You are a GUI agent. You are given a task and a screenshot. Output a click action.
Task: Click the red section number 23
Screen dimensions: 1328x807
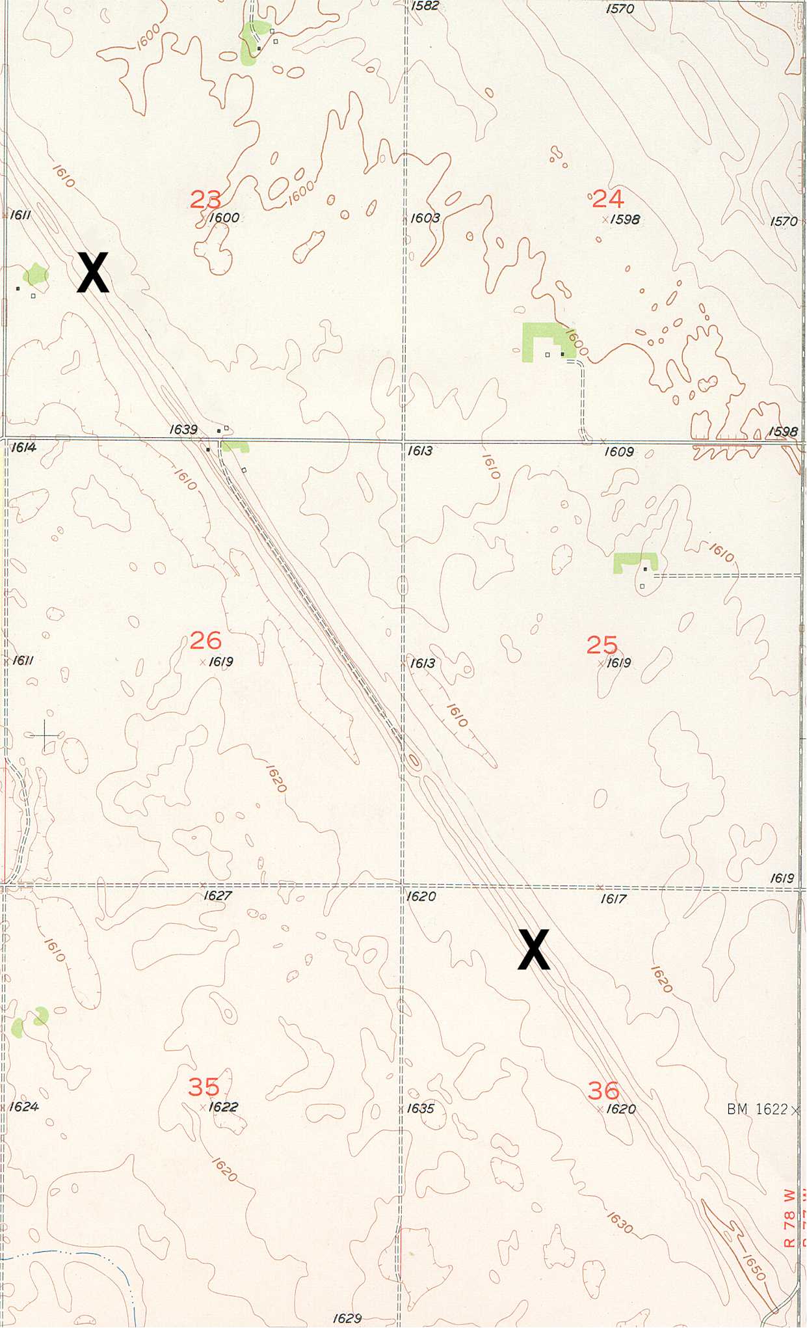coord(205,199)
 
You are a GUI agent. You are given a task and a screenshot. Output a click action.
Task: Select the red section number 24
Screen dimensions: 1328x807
coord(607,198)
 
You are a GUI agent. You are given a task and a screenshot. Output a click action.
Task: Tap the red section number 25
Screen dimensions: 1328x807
coord(602,645)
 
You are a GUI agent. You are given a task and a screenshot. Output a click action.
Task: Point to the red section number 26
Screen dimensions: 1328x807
coord(205,640)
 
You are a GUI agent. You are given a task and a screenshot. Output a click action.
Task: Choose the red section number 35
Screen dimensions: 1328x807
coord(204,1086)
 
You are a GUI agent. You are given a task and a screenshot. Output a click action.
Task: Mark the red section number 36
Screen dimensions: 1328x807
coord(603,1090)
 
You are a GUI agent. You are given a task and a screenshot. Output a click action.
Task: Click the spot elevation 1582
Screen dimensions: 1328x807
coord(425,6)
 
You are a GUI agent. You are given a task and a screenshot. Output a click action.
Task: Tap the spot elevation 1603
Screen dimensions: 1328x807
coord(425,218)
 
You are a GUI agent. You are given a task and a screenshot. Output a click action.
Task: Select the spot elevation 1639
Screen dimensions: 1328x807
coord(183,429)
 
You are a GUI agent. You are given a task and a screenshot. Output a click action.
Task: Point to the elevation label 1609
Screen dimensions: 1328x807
coord(618,452)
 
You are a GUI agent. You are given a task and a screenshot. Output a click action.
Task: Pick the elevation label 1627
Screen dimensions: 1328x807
coord(217,896)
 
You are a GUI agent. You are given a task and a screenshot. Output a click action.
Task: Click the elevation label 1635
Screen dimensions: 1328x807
coord(420,1108)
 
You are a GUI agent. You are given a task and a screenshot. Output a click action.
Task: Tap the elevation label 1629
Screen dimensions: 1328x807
coord(347,1318)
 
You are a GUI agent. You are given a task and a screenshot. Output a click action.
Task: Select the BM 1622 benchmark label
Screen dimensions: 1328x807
coord(758,1109)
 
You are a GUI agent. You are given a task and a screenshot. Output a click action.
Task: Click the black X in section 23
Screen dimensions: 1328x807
coord(93,273)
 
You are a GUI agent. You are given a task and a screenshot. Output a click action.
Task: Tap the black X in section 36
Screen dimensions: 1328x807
coord(534,950)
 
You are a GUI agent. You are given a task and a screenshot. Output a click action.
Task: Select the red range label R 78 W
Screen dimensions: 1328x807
coord(789,1218)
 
